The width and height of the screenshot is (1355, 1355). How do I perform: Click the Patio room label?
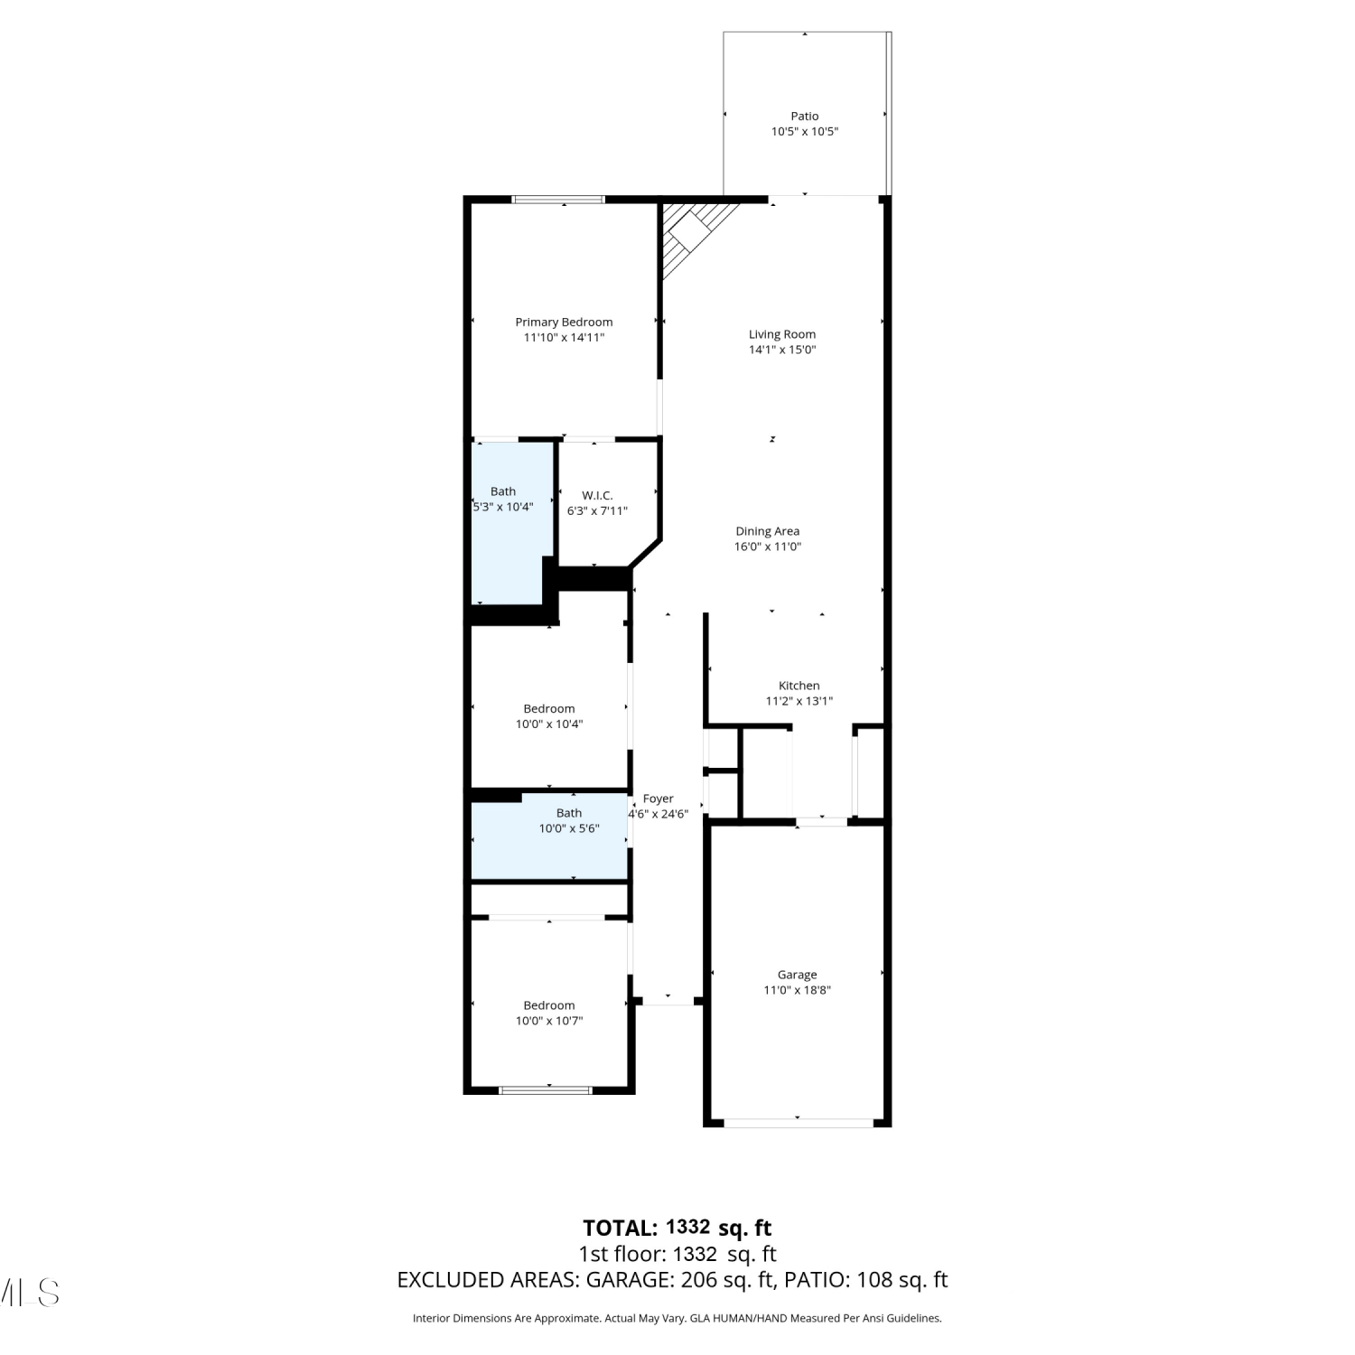pos(805,116)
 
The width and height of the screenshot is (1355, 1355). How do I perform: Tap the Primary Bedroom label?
pos(564,322)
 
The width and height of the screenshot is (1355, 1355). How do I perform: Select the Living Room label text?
pos(782,334)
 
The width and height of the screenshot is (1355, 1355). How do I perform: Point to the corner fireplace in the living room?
pos(696,237)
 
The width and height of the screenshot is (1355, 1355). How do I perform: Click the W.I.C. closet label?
pos(597,495)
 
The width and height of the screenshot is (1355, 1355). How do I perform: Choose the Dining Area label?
pos(768,531)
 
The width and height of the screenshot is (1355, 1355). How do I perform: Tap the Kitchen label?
pos(799,686)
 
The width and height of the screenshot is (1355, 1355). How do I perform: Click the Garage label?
pos(797,975)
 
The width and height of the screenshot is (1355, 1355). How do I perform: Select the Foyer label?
pos(659,799)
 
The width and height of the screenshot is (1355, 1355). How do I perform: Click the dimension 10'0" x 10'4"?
pos(549,724)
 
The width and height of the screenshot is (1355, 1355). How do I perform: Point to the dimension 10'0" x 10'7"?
pos(549,1021)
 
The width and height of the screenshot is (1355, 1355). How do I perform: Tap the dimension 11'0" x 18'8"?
pos(797,990)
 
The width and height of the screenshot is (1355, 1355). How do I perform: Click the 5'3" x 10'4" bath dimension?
pos(503,507)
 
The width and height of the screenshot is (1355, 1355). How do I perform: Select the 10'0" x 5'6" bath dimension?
pos(569,828)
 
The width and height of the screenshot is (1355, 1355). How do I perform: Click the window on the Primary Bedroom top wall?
pos(558,200)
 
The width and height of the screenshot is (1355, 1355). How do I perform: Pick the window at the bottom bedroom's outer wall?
pos(546,1090)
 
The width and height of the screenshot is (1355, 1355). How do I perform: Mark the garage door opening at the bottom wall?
pos(799,1123)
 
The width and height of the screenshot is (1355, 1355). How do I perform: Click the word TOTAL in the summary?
pos(621,1228)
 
